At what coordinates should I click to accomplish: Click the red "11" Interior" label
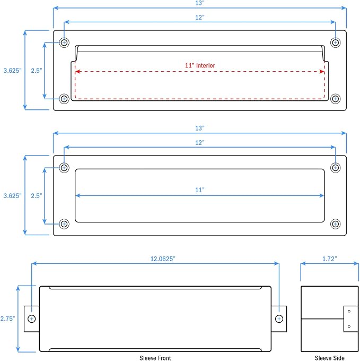click(200, 66)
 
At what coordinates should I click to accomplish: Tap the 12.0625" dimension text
click(163, 259)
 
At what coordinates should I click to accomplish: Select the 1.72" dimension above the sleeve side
click(329, 259)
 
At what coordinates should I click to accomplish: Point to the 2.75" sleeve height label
click(7, 319)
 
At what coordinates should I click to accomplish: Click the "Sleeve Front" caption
click(155, 358)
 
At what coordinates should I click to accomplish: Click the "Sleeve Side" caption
click(329, 358)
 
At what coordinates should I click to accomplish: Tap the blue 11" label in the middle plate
click(200, 190)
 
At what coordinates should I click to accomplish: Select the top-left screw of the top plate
click(64, 42)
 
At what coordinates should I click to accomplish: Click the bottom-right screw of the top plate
click(336, 99)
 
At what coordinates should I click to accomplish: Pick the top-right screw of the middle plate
click(336, 168)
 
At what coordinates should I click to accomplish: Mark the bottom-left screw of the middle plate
click(64, 224)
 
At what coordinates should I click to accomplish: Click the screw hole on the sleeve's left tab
click(31, 319)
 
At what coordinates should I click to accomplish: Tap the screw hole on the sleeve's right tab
click(279, 319)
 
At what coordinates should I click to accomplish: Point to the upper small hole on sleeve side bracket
click(349, 311)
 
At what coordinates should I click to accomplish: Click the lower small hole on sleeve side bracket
click(349, 326)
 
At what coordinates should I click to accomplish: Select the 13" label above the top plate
click(200, 3)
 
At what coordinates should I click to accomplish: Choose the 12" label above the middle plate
click(200, 143)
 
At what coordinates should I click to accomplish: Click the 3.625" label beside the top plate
click(12, 71)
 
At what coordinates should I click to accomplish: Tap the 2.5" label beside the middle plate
click(37, 196)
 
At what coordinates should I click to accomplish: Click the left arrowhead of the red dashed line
click(77, 72)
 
